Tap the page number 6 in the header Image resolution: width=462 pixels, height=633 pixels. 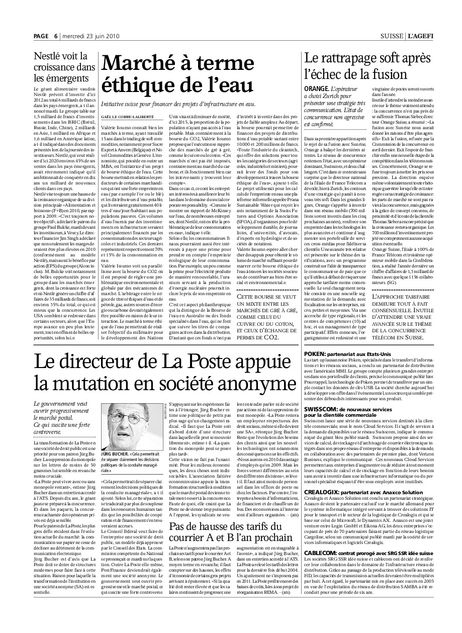pyautogui.click(x=56, y=36)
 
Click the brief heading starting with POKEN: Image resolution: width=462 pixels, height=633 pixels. pyautogui.click(x=347, y=354)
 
